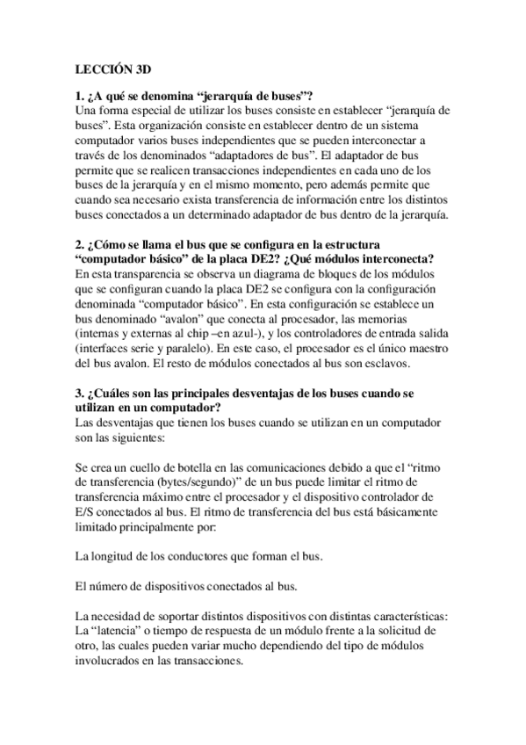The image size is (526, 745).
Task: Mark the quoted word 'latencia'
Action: coord(121,632)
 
